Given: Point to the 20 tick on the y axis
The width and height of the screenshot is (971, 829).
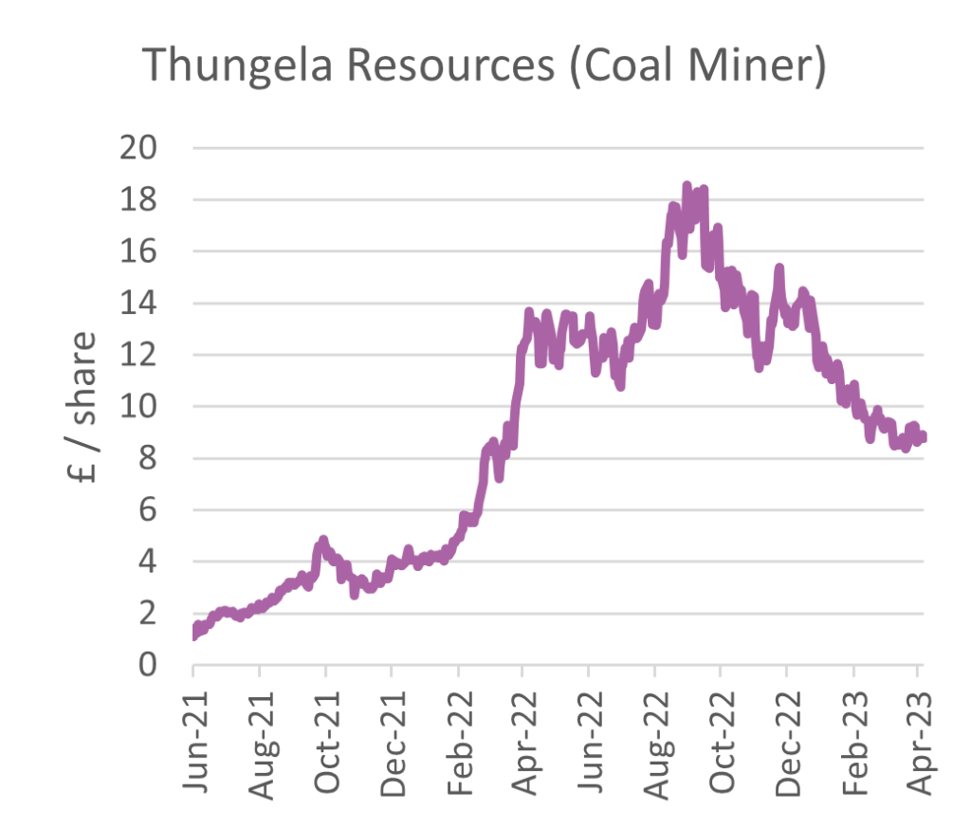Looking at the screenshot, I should (137, 149).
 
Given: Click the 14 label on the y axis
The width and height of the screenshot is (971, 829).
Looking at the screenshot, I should (137, 304).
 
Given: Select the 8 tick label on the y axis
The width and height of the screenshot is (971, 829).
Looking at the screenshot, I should (148, 459).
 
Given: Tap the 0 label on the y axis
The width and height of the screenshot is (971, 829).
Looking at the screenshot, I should (148, 666).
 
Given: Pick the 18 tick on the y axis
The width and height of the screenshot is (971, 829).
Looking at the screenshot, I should (137, 201).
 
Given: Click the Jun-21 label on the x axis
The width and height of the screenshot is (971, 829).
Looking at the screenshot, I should (193, 730).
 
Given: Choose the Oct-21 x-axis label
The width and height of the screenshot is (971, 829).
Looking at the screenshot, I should (325, 730).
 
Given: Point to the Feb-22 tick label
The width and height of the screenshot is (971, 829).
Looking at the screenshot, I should (458, 730).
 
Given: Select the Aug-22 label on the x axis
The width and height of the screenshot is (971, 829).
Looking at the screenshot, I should (654, 730).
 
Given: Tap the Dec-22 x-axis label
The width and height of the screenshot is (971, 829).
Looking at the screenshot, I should (787, 730).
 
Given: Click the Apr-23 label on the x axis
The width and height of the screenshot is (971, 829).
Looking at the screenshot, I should (918, 730).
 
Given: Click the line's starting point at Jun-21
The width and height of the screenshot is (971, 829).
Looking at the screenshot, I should (194, 633).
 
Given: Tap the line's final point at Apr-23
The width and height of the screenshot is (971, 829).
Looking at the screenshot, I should (922, 436).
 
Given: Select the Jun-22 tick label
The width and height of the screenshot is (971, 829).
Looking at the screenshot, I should (589, 730).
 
